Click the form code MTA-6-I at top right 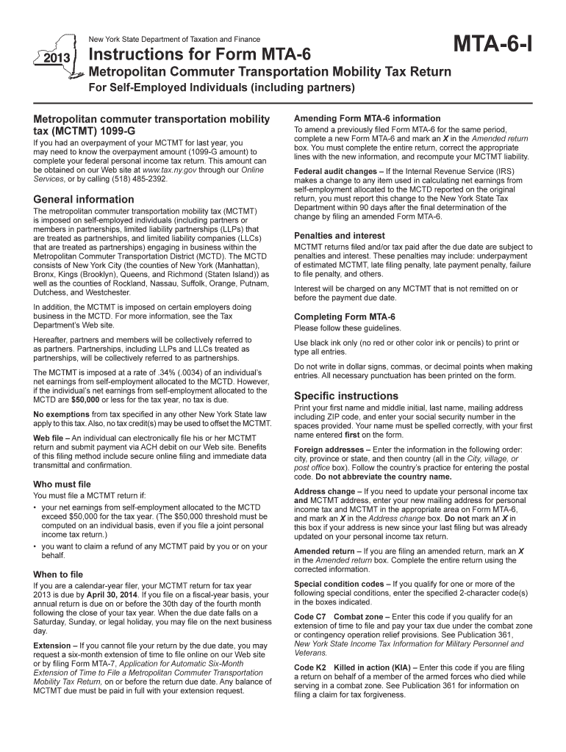[494, 50]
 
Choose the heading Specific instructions [345, 396]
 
